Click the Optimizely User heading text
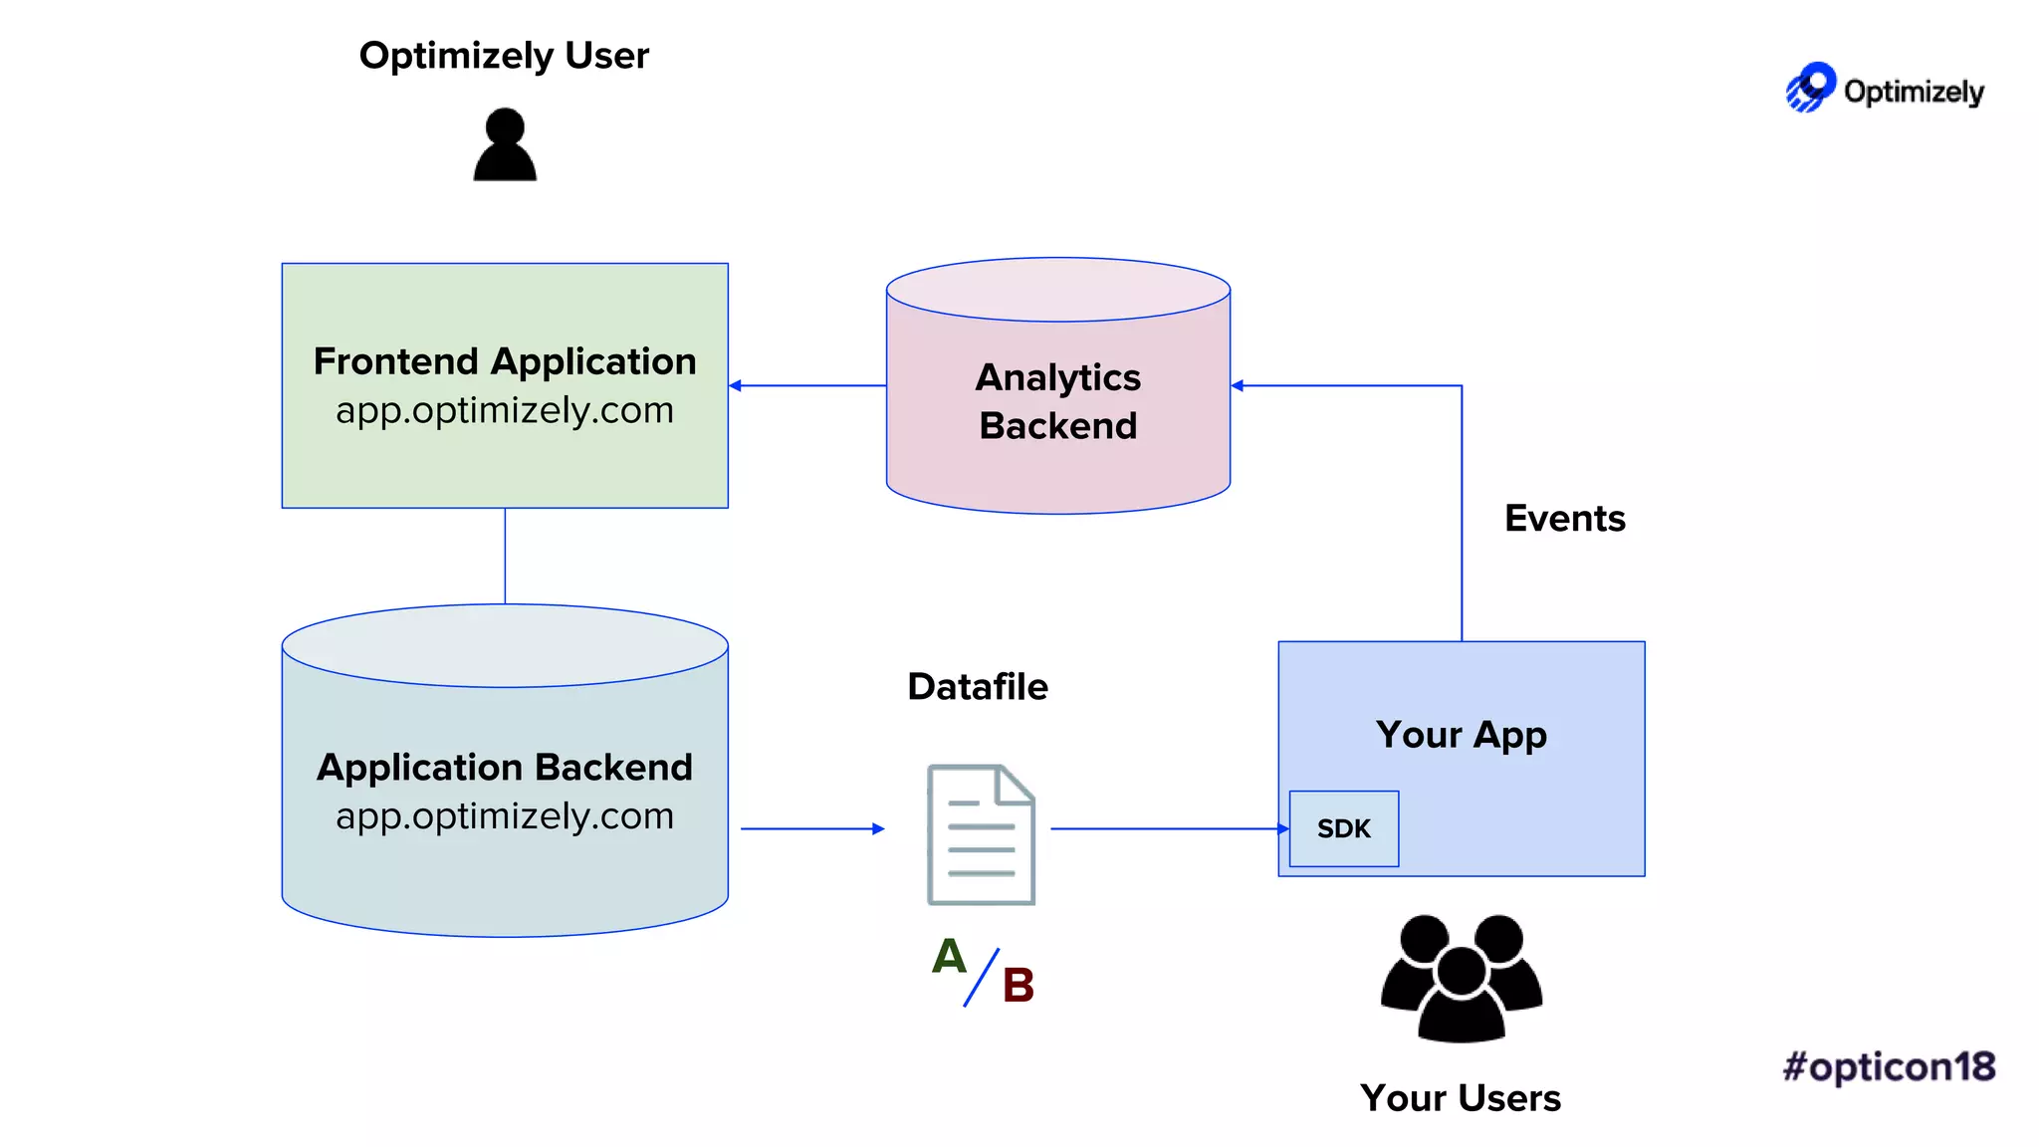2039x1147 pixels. click(x=504, y=56)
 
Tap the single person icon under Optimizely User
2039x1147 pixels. click(x=505, y=145)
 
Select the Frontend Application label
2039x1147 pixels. click(x=505, y=361)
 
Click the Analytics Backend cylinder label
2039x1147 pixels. click(x=1058, y=401)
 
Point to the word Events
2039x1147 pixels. click(x=1564, y=519)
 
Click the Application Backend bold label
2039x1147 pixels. click(x=505, y=768)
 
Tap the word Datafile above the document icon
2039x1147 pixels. click(x=978, y=687)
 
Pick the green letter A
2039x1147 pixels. click(x=949, y=957)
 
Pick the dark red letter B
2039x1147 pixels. click(x=1018, y=986)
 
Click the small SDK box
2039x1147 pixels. click(x=1343, y=828)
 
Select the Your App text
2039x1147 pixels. click(x=1461, y=735)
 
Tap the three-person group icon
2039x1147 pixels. click(x=1461, y=978)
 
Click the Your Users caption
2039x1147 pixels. click(x=1461, y=1098)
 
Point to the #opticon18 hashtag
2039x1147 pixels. click(x=1889, y=1066)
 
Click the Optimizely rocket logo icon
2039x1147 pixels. click(x=1810, y=88)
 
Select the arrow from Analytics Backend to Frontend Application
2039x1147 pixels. click(x=806, y=385)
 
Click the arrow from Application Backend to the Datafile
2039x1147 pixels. click(x=811, y=828)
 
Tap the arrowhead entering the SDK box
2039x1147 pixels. click(x=1282, y=828)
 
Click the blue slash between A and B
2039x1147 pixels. click(x=981, y=978)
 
